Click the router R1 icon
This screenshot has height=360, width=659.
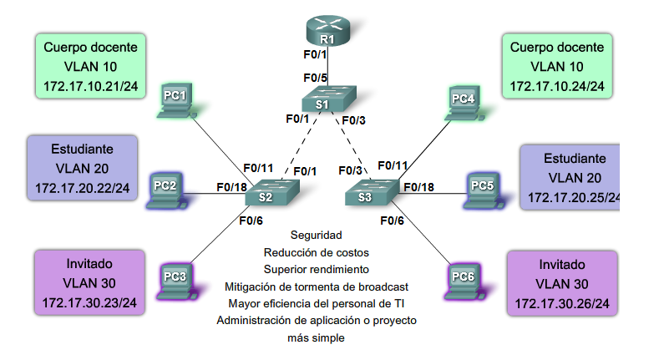click(327, 32)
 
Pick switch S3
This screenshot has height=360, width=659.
click(365, 194)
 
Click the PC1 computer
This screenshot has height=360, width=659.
click(175, 99)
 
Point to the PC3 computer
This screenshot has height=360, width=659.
click(173, 277)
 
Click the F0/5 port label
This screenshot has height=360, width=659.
click(315, 78)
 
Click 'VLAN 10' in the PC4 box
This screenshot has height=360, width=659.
click(556, 66)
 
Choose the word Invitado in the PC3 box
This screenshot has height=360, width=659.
click(88, 263)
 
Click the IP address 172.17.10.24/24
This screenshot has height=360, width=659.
click(556, 86)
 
